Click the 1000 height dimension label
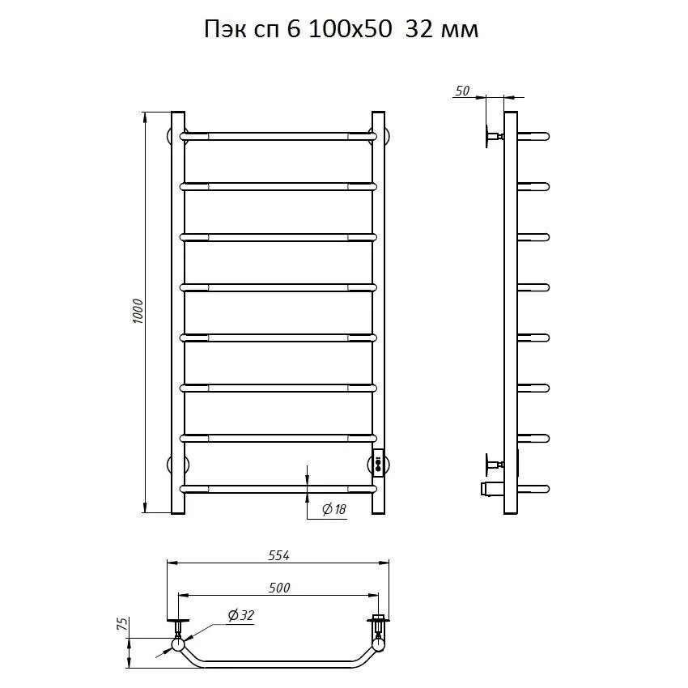[x=138, y=312]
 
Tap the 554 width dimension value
[x=278, y=555]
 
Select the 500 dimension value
[x=277, y=587]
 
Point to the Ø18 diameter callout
[x=333, y=508]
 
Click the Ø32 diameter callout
[x=241, y=616]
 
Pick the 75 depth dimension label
[x=122, y=624]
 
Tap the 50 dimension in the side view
[x=462, y=91]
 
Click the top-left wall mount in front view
[x=174, y=134]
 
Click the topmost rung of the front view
[x=278, y=136]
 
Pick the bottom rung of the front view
[x=278, y=488]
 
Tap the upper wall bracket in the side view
[x=492, y=136]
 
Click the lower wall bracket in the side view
[x=492, y=465]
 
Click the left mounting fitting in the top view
[x=178, y=628]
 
